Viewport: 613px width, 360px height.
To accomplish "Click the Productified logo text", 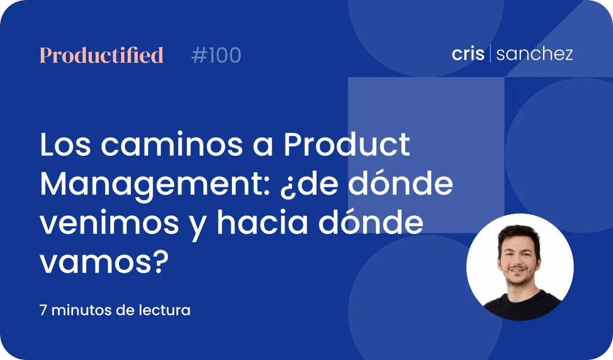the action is (x=102, y=55).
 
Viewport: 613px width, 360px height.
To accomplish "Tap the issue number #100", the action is (x=216, y=55).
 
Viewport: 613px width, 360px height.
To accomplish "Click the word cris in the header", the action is (x=468, y=54).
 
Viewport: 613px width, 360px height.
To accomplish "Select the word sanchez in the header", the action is (x=534, y=54).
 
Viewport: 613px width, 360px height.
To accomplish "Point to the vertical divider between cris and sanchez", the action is (x=490, y=53).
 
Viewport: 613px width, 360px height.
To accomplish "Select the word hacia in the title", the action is (x=263, y=222).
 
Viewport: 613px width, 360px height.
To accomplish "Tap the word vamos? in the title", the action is (x=104, y=262).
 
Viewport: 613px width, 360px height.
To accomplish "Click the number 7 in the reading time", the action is (x=43, y=310).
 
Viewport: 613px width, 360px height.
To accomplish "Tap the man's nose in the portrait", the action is (x=517, y=260).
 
